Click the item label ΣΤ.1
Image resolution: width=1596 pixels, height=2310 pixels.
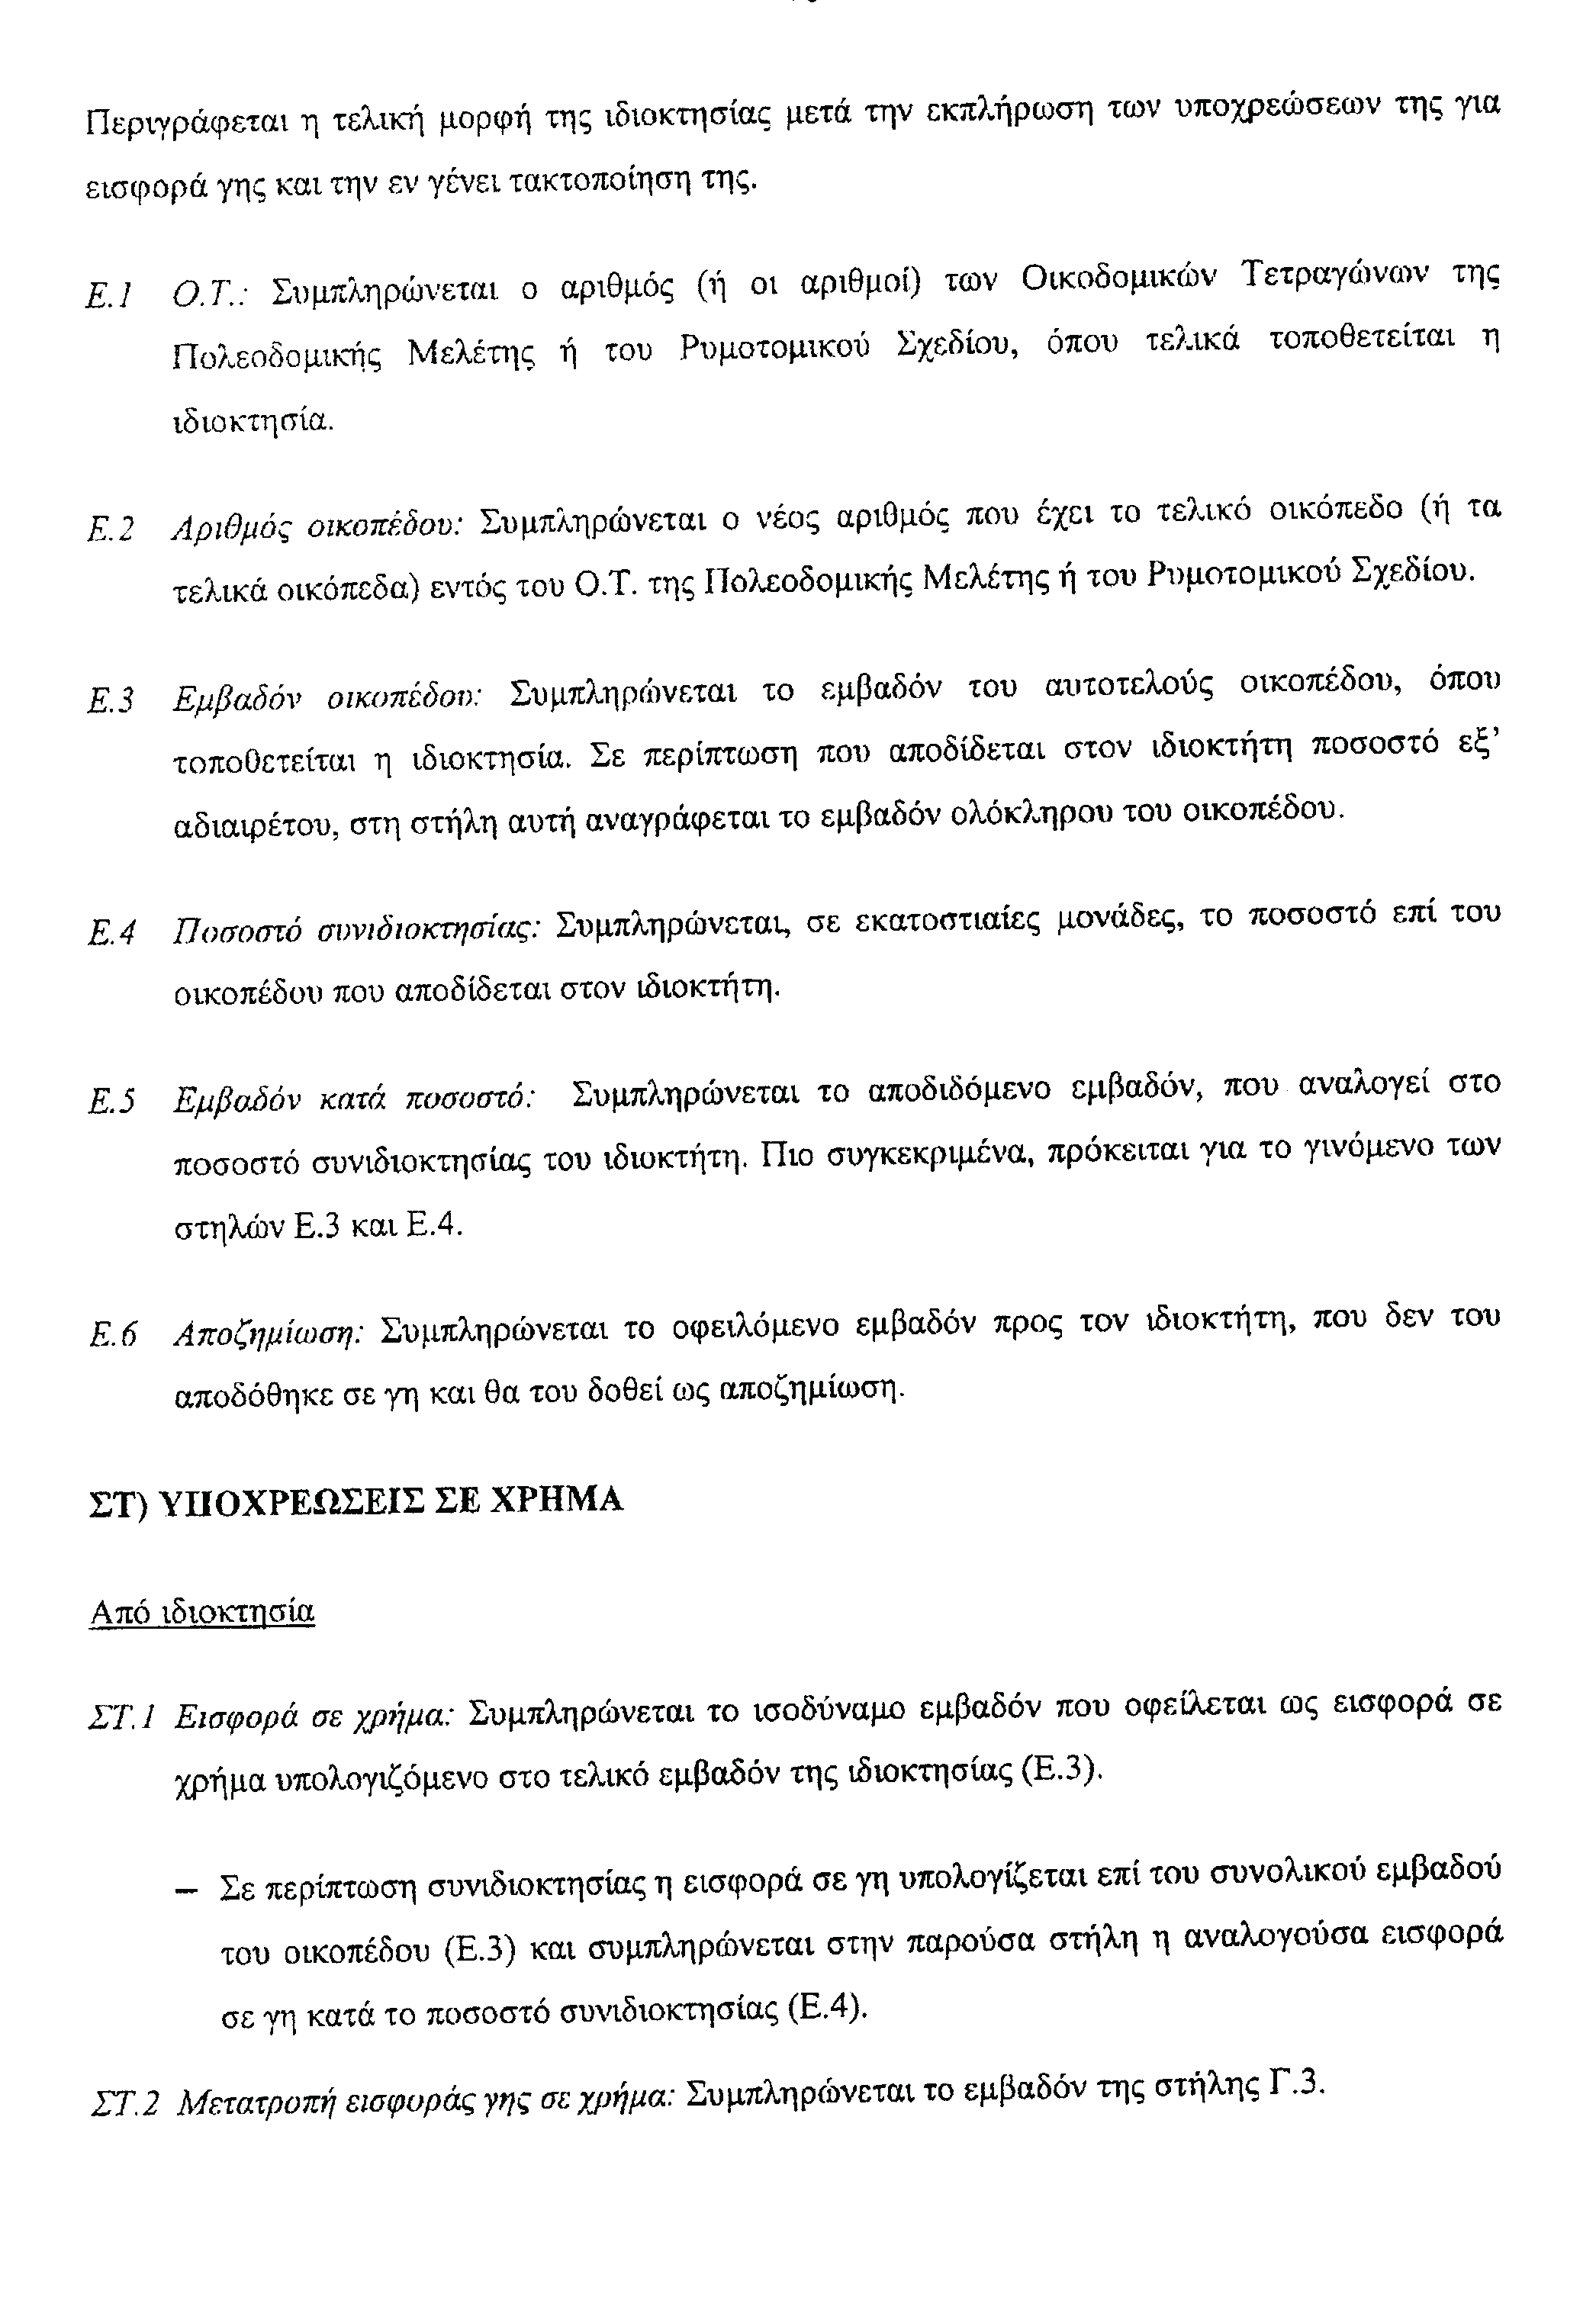120,1718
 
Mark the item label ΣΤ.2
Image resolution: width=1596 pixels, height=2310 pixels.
124,2106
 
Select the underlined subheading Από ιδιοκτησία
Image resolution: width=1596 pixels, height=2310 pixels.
202,1613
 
